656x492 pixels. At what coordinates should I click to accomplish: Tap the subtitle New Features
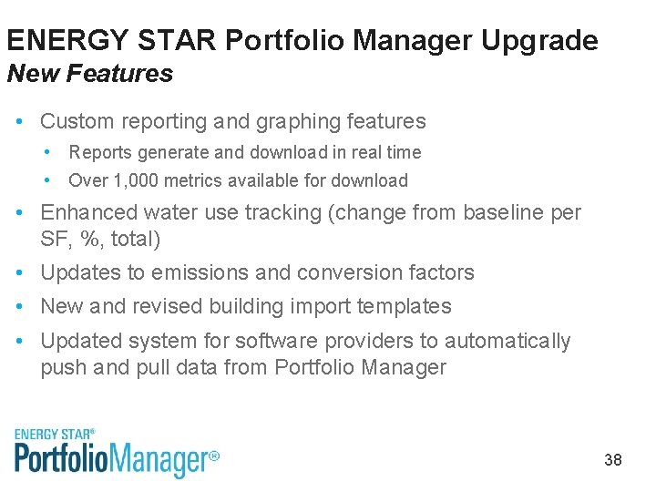click(x=89, y=74)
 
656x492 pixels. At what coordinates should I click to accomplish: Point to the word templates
click(x=406, y=306)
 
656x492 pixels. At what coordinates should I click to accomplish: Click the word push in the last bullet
click(x=63, y=368)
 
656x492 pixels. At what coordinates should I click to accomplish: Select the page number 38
click(x=613, y=460)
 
